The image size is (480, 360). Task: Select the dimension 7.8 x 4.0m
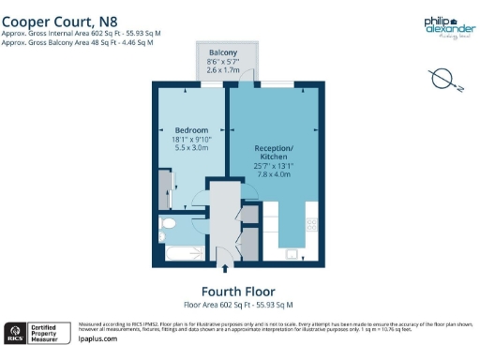(275, 173)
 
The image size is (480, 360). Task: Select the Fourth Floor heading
(237, 291)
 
